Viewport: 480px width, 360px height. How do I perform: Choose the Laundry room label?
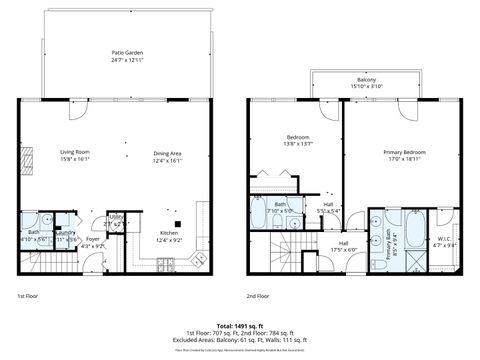(x=66, y=237)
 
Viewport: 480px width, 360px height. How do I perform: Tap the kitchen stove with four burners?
(x=165, y=263)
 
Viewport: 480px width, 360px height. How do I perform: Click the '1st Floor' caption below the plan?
(x=27, y=297)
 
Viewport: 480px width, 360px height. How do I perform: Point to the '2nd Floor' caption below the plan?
(x=259, y=297)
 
